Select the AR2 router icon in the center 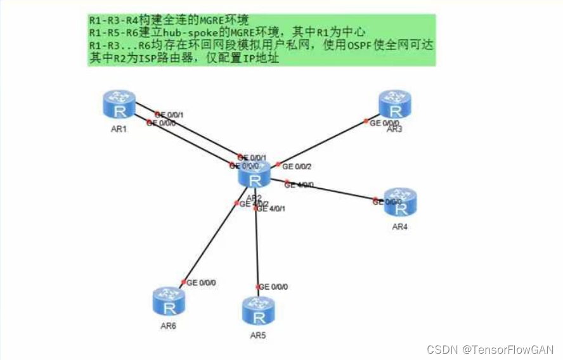pyautogui.click(x=255, y=174)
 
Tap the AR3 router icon pyautogui.click(x=395, y=104)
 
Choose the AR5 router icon pyautogui.click(x=258, y=311)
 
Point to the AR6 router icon pyautogui.click(x=169, y=302)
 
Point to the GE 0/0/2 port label pyautogui.click(x=297, y=167)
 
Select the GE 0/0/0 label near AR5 pyautogui.click(x=273, y=287)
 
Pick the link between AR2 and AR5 pyautogui.click(x=256, y=247)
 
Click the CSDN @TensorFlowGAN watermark pyautogui.click(x=490, y=349)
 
